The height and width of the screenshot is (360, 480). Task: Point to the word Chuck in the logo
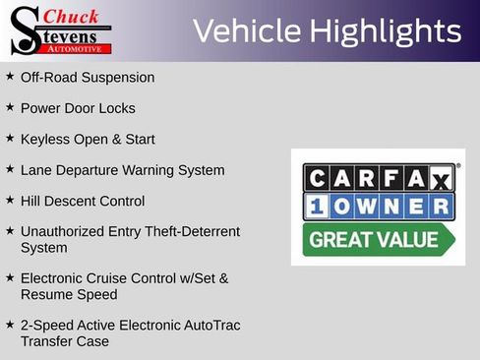(73, 16)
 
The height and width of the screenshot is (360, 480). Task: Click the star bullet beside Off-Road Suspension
(10, 76)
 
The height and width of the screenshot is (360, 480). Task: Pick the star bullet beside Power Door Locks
(10, 107)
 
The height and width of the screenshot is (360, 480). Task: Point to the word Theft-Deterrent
(187, 232)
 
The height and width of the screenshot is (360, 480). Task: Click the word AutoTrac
(210, 325)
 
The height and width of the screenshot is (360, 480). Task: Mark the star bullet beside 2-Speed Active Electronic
(10, 324)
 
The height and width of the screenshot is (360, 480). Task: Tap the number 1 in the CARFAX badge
(317, 207)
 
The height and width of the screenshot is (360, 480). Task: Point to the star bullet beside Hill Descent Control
(10, 200)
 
